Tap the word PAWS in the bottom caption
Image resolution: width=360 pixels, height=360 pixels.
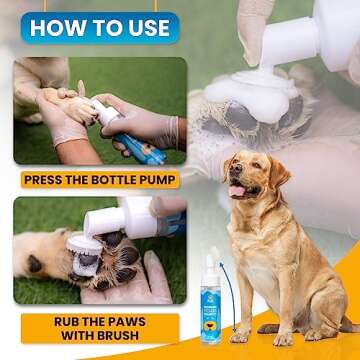(129, 322)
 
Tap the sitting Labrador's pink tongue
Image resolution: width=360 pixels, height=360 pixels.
(237, 191)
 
